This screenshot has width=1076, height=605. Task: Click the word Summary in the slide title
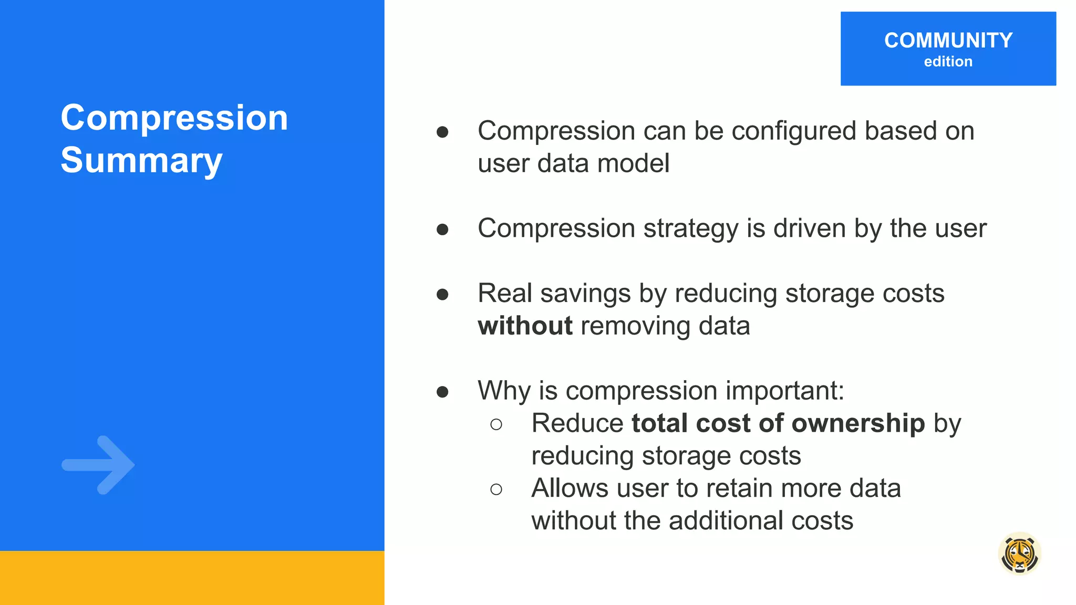pyautogui.click(x=141, y=160)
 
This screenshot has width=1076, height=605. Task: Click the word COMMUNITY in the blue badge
pyautogui.click(x=948, y=40)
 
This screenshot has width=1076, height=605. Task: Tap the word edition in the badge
pyautogui.click(x=948, y=61)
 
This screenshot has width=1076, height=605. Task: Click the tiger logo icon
pyautogui.click(x=1019, y=554)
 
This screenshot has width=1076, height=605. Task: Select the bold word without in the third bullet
pyautogui.click(x=525, y=326)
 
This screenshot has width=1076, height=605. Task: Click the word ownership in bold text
pyautogui.click(x=858, y=423)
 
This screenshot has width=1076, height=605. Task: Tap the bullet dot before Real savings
pyautogui.click(x=442, y=295)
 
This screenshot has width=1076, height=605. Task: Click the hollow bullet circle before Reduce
pyautogui.click(x=496, y=424)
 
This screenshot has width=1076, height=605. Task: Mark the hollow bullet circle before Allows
pyautogui.click(x=496, y=489)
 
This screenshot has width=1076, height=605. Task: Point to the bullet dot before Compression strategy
pyautogui.click(x=442, y=230)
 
